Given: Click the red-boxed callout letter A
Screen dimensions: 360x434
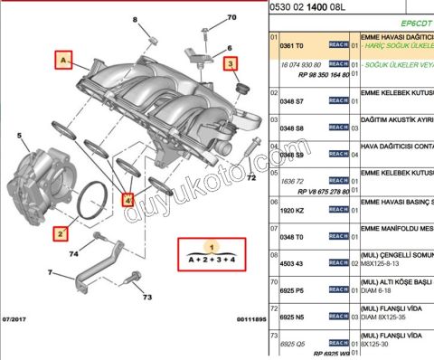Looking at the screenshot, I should click(x=64, y=61).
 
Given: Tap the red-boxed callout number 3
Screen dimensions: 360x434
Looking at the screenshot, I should click(x=231, y=62).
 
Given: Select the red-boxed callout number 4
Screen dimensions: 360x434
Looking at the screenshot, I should click(x=128, y=198).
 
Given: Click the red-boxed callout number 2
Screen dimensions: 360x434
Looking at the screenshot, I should click(x=61, y=232).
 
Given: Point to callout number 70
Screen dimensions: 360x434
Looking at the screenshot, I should click(x=231, y=17).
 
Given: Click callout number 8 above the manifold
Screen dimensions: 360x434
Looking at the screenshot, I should click(x=136, y=19).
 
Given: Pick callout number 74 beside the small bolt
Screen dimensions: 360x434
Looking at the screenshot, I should click(x=73, y=255).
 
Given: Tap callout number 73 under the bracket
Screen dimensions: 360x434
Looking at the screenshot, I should click(x=146, y=296).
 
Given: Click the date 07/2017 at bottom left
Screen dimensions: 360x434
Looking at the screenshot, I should click(x=17, y=318).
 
